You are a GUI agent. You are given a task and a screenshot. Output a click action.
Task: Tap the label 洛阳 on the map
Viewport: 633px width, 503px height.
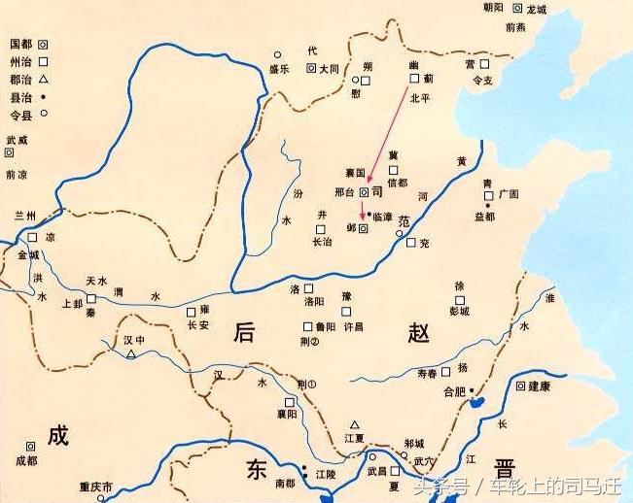(x=313, y=302)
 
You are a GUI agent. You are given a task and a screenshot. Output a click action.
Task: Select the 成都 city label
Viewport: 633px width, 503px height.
(x=26, y=460)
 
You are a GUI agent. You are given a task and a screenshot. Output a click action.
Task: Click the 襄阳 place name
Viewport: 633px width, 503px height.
(x=284, y=413)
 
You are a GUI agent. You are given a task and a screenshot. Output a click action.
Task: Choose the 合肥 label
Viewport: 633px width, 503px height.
(x=455, y=391)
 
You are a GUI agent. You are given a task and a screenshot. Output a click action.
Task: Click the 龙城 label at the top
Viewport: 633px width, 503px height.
(x=537, y=9)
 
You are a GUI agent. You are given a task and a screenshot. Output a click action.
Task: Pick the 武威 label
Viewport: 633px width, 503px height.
(x=17, y=140)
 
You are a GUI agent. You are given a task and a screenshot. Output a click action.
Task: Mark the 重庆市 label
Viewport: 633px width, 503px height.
(x=96, y=486)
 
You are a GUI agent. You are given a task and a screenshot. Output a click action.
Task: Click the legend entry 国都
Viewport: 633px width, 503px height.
(x=21, y=45)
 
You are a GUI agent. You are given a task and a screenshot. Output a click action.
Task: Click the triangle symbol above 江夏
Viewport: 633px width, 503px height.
(x=356, y=424)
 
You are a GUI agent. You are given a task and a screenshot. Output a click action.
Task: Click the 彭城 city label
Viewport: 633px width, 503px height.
(x=458, y=312)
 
